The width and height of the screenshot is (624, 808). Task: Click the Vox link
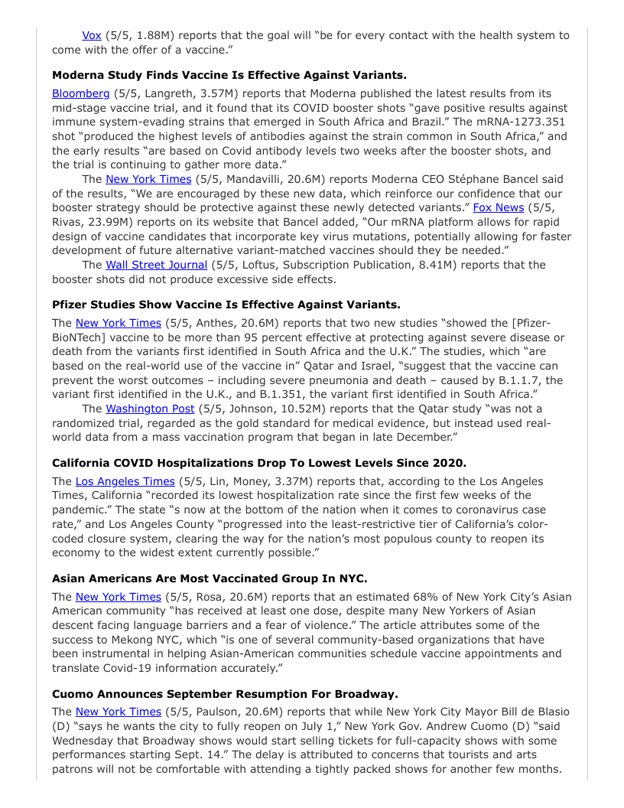point(92,35)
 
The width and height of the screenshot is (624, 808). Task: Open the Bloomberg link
point(81,93)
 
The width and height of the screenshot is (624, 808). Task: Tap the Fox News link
point(499,207)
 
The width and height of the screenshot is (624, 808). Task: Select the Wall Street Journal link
point(156,265)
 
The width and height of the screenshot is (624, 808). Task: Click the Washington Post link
point(150,409)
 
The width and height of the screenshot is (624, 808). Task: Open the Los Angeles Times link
point(125,481)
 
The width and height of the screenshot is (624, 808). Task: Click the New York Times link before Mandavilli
point(148,179)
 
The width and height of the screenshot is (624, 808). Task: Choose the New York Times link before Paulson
point(119,712)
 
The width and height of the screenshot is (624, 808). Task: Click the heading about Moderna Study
point(229,75)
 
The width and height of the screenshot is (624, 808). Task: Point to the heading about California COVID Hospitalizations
point(258,463)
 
